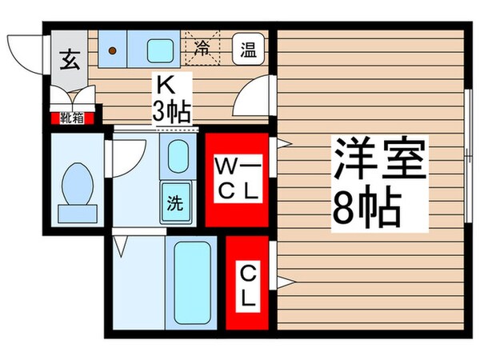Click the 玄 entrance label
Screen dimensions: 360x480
(68, 58)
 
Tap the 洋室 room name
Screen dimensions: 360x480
(375, 161)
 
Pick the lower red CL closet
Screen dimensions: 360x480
(247, 283)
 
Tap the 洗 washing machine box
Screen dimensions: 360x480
(175, 202)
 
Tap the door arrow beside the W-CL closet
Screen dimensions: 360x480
(282, 145)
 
